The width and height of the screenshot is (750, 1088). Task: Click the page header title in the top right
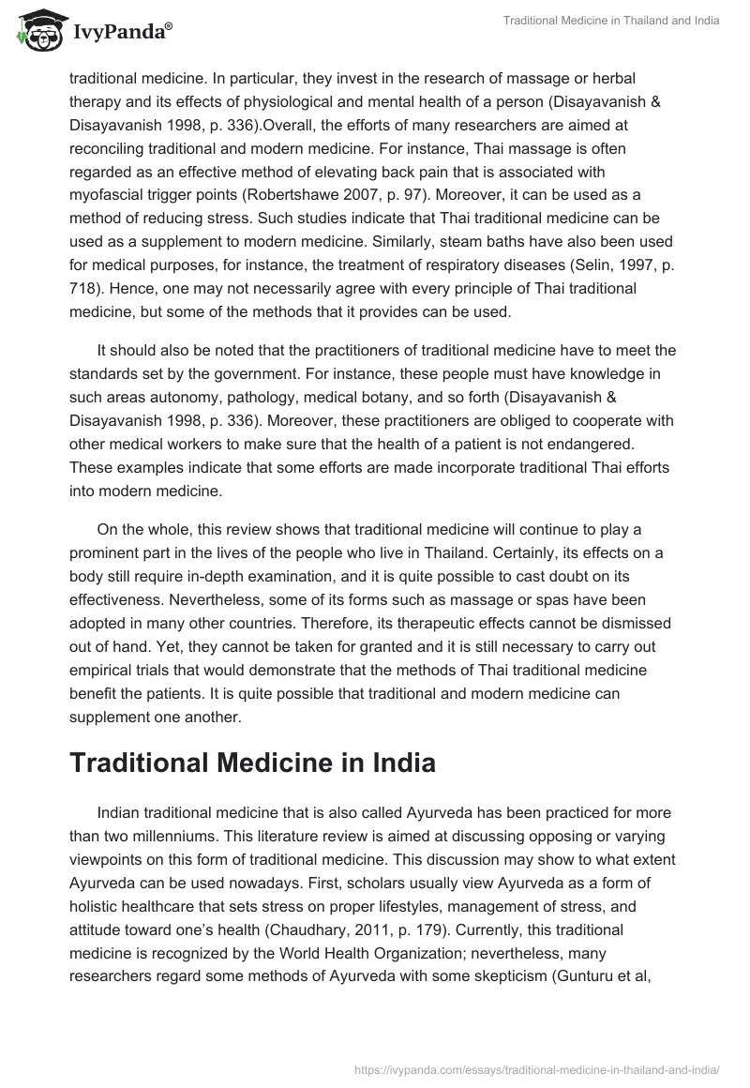click(x=609, y=22)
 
